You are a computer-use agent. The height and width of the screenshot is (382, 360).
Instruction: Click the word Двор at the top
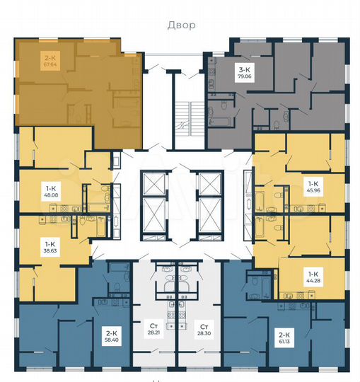(180, 25)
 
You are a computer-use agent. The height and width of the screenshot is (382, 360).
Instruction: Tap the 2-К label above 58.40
(111, 331)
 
